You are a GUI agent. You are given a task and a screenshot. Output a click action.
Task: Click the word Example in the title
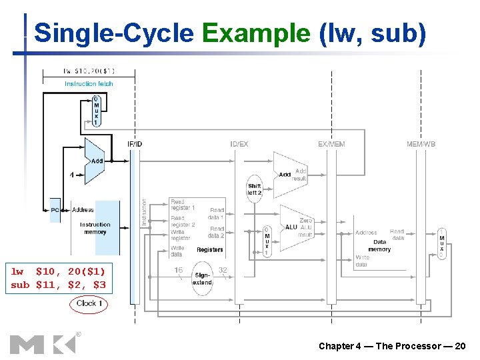[256, 33]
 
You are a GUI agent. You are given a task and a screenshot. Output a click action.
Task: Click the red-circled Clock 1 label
[89, 303]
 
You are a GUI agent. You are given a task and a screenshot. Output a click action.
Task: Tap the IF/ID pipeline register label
[135, 144]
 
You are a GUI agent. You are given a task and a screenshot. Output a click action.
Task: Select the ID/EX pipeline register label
[239, 144]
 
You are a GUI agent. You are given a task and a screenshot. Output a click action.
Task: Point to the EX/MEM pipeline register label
[331, 144]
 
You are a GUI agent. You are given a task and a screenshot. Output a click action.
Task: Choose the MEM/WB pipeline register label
[421, 144]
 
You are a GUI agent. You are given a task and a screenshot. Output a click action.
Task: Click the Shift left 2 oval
[255, 189]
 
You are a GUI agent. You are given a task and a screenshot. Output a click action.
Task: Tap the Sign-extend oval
[202, 278]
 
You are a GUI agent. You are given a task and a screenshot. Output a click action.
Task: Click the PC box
[55, 210]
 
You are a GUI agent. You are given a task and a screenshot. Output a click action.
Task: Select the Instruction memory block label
[95, 228]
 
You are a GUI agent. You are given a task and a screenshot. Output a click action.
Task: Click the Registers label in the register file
[210, 250]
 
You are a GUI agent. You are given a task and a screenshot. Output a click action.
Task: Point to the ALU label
[291, 227]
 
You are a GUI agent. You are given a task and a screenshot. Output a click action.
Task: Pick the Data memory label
[379, 245]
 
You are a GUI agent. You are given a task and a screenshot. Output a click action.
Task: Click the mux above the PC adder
[95, 111]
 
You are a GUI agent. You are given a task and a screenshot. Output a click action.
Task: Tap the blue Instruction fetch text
[89, 84]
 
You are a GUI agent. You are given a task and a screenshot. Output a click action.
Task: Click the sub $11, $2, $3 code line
[58, 285]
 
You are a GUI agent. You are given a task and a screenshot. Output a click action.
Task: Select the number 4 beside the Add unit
[71, 175]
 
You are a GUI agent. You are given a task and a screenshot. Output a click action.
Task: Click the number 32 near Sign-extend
[223, 270]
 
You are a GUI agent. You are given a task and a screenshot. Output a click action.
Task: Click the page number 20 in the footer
[459, 346]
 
